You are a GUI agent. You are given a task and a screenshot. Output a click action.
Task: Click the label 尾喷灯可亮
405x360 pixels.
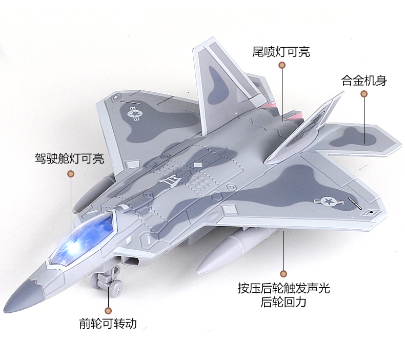coord(281,52)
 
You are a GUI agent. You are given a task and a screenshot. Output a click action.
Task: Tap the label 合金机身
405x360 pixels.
coord(364,81)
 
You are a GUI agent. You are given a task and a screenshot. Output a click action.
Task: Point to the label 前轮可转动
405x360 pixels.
coord(108,324)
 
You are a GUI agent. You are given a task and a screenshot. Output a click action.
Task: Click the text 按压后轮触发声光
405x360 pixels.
coord(283,288)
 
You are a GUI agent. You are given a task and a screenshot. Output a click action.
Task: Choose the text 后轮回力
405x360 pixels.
coord(283,302)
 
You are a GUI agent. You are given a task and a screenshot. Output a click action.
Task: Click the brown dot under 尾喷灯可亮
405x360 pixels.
coord(281,65)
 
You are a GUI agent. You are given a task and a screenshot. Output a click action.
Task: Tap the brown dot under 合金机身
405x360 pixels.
coord(364,94)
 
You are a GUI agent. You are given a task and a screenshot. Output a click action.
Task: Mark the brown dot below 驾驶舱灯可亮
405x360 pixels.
coord(71,173)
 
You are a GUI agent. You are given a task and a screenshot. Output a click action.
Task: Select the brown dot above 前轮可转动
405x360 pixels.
coord(108,310)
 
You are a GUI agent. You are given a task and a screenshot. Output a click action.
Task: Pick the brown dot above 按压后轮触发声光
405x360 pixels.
coord(283,273)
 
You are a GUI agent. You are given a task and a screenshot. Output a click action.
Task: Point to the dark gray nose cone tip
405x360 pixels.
coord(23,294)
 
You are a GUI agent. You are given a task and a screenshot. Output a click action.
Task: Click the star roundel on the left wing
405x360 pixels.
coord(134,113)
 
